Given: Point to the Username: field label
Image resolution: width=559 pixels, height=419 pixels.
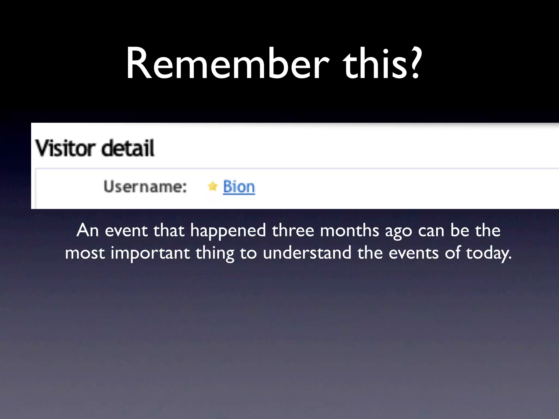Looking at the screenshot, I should (x=145, y=187).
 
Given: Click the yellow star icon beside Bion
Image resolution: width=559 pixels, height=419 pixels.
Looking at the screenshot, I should (x=213, y=187).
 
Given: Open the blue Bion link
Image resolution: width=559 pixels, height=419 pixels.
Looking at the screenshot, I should (x=239, y=187).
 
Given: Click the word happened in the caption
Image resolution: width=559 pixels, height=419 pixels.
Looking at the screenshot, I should (x=228, y=231).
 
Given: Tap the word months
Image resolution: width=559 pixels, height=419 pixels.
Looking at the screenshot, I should (x=350, y=231).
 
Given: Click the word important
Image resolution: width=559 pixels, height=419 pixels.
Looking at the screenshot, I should (x=150, y=253).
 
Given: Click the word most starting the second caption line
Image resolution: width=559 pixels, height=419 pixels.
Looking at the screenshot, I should (x=85, y=253).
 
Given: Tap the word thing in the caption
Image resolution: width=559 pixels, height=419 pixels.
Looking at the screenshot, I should (x=215, y=253).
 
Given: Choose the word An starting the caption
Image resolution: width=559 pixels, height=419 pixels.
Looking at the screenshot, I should (x=88, y=231).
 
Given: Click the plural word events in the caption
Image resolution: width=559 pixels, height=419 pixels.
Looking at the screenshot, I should (x=414, y=253).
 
